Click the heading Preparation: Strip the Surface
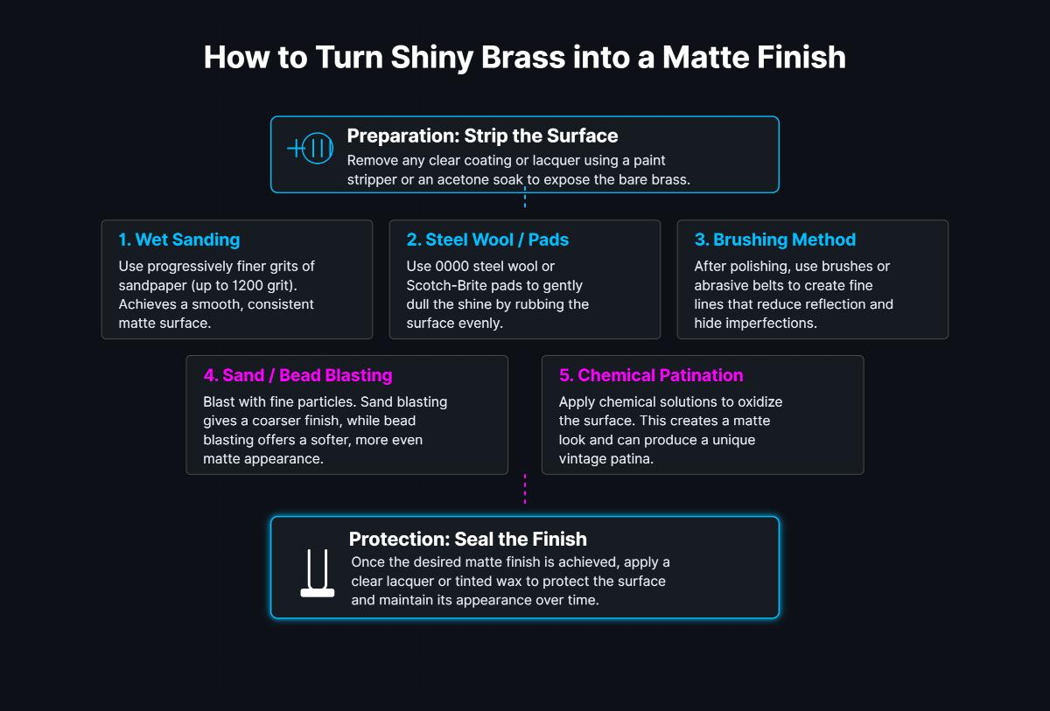click(482, 136)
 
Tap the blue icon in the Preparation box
click(311, 149)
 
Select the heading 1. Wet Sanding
click(178, 240)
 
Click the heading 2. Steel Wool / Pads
click(486, 240)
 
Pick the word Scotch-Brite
click(447, 285)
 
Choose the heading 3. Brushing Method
click(774, 240)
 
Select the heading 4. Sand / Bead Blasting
click(297, 375)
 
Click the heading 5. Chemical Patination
click(650, 375)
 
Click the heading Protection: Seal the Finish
click(467, 539)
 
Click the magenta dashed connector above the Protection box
click(525, 490)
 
